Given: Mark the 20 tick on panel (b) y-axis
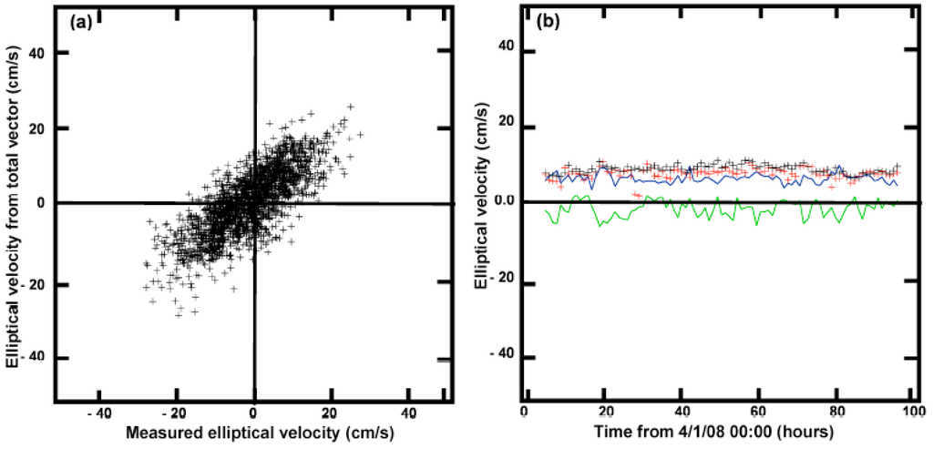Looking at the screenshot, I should (x=504, y=123).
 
